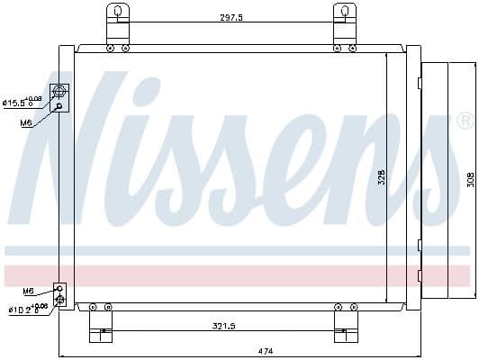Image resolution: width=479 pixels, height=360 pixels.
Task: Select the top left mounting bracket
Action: [x=116, y=22]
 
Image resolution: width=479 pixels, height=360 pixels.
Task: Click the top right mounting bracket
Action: [x=344, y=22]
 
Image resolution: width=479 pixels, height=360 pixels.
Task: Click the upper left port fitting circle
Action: [x=60, y=91]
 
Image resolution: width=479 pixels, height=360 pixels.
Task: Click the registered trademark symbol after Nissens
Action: [x=465, y=121]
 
